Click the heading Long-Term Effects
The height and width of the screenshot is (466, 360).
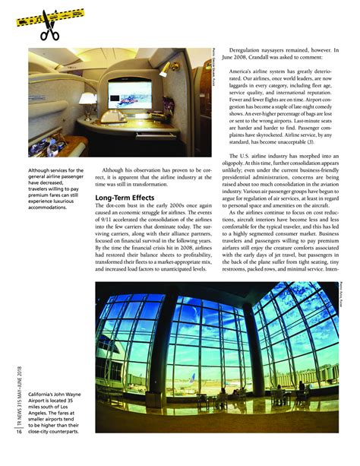pyautogui.click(x=125, y=198)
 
